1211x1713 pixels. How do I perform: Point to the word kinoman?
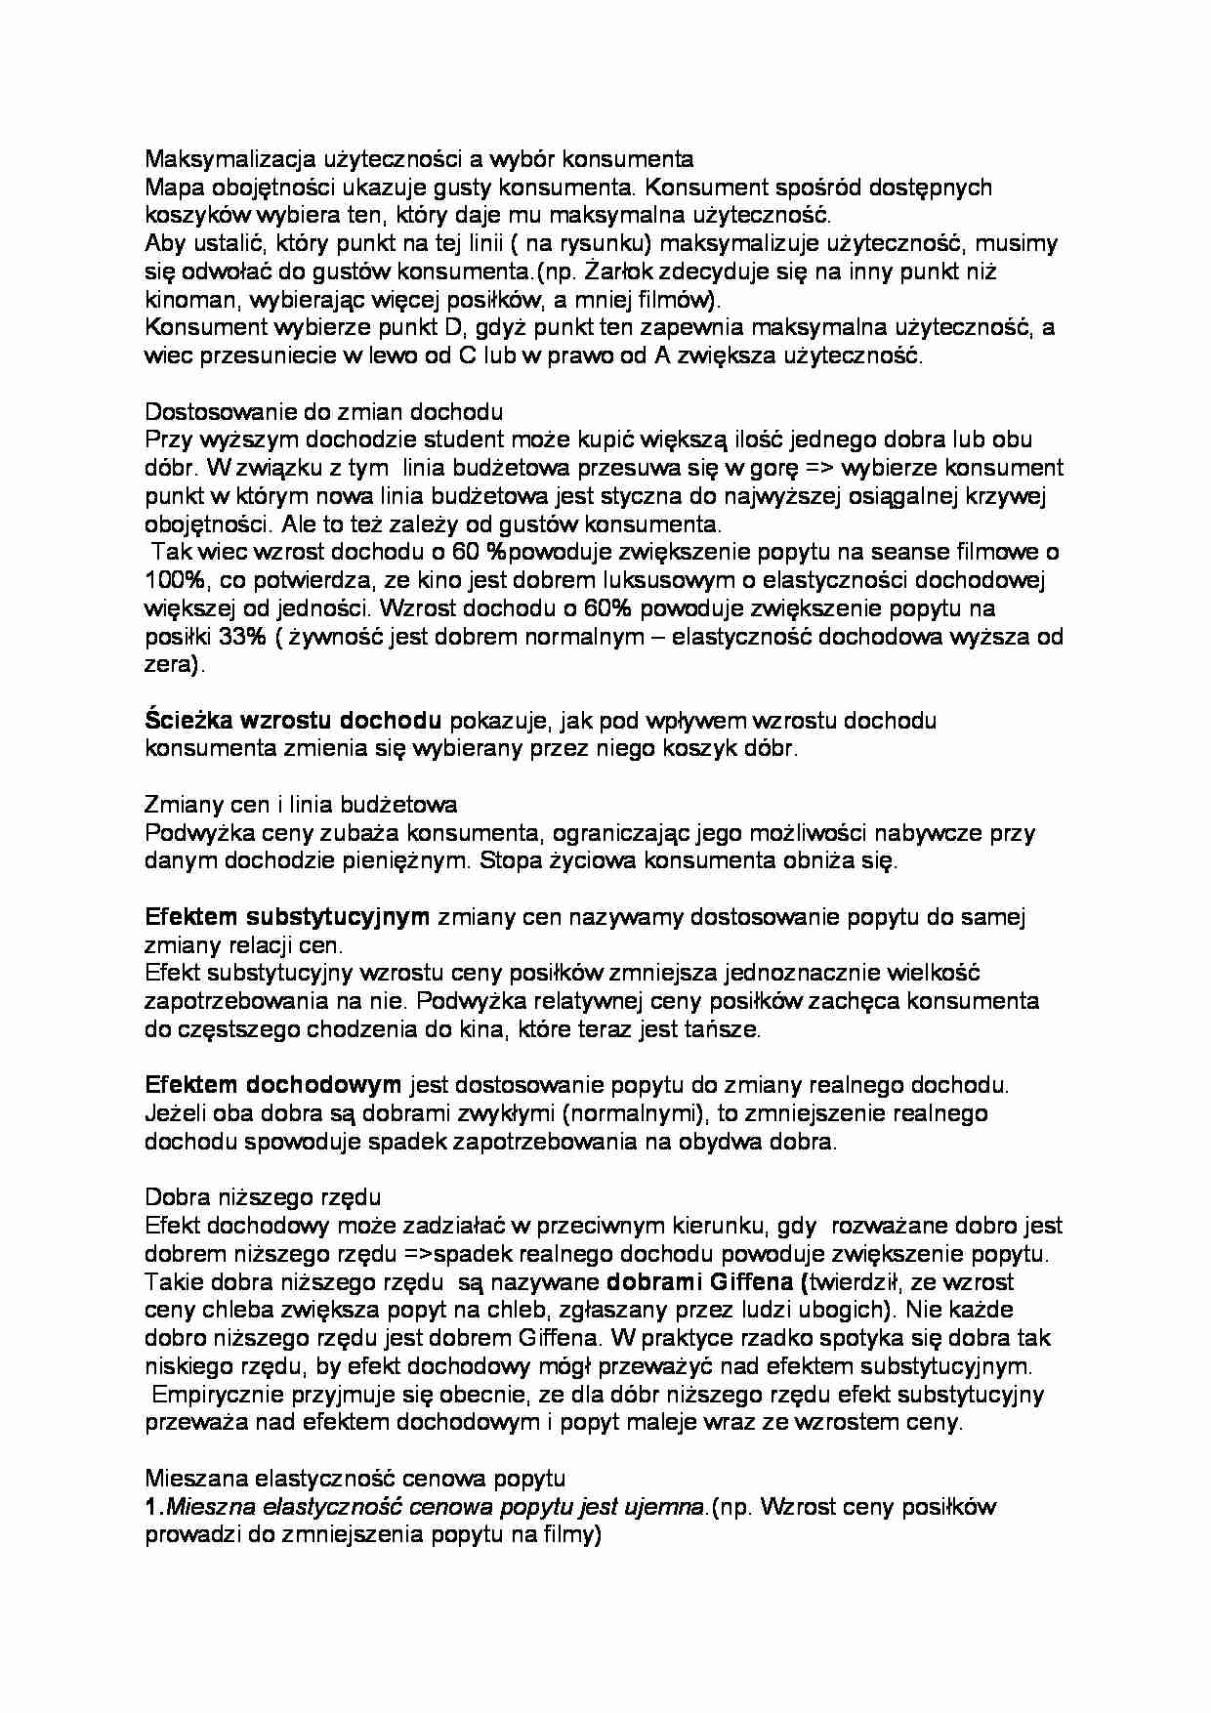[188, 300]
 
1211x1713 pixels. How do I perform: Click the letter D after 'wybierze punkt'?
[438, 327]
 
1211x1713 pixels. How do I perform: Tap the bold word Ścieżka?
[185, 722]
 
